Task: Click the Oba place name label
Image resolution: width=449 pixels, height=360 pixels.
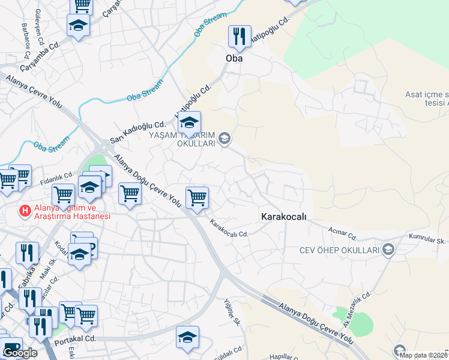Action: coord(233,59)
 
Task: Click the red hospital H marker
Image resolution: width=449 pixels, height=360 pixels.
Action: coord(25,211)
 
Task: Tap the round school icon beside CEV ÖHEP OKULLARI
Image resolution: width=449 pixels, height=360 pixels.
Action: coord(388,250)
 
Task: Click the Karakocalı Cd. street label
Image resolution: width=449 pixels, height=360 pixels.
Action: coord(229,227)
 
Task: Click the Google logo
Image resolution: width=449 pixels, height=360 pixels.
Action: coord(20,353)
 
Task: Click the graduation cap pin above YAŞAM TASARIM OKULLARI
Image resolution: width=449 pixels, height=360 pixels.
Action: coord(189,124)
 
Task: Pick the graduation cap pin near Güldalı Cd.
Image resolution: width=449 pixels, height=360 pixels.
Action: coord(188,337)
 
